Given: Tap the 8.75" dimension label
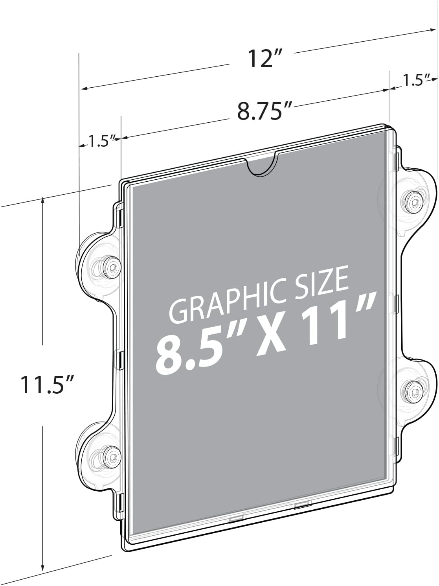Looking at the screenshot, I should click(265, 111).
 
